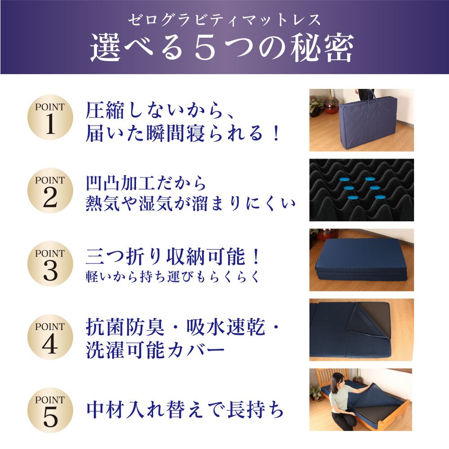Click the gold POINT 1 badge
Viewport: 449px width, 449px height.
[50, 117]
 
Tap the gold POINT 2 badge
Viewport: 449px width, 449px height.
[50, 191]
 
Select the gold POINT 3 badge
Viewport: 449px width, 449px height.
[50, 264]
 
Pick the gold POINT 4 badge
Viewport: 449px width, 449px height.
[50, 337]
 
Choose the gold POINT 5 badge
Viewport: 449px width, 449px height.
[50, 410]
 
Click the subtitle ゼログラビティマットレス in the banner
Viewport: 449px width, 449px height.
[224, 20]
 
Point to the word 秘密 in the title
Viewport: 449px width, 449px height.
[322, 48]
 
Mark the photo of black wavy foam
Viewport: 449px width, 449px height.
[361, 190]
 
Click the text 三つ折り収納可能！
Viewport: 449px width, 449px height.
[173, 257]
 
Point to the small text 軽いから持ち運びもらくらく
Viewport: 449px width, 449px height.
[172, 277]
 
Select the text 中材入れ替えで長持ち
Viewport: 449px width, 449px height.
[185, 410]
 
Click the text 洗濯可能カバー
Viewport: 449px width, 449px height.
[155, 350]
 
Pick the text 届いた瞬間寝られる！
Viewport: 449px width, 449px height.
[182, 133]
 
